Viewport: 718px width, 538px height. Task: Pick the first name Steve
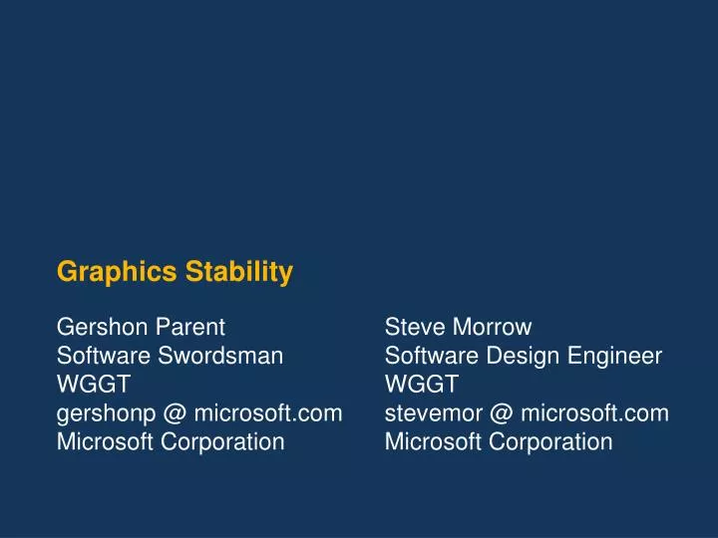413,327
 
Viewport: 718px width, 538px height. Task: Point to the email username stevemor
433,413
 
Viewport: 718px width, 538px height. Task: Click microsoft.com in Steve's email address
594,413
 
